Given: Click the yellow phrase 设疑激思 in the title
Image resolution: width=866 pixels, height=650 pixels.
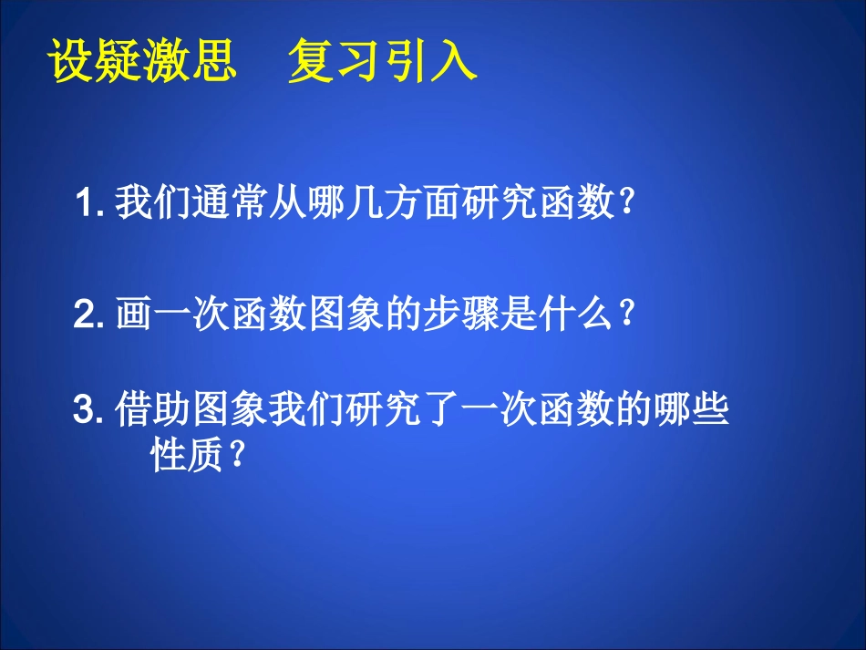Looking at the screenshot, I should click(141, 63).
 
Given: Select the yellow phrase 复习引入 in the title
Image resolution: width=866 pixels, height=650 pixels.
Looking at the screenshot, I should click(382, 63).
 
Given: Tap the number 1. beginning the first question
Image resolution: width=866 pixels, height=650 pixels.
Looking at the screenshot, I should click(93, 203).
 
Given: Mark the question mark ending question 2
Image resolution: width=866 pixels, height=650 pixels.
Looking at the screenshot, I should click(625, 315).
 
